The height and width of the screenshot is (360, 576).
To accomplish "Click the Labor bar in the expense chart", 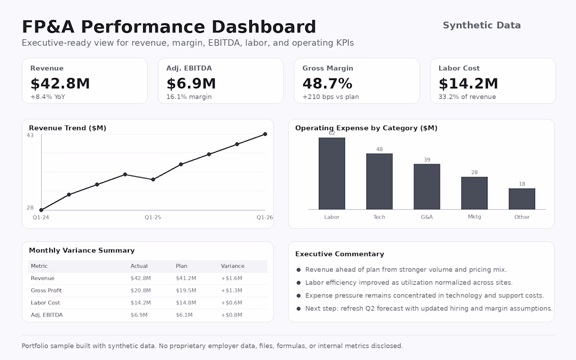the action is (x=331, y=173).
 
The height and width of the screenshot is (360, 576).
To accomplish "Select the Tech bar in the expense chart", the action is (x=379, y=181).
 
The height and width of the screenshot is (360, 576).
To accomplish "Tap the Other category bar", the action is (x=522, y=199).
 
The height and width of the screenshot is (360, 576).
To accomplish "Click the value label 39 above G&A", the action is (x=427, y=160).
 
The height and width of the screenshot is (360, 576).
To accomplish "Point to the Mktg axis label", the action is (x=474, y=217).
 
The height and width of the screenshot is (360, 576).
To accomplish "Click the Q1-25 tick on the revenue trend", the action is (x=152, y=217).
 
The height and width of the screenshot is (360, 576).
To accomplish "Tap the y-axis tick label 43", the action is (x=30, y=136).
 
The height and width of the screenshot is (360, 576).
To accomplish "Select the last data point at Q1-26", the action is (x=265, y=134).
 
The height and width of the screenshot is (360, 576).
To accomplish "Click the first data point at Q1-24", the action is (x=41, y=210).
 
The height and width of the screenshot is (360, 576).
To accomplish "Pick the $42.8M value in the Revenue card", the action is (x=60, y=84).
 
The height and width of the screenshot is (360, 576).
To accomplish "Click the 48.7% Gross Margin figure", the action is (x=327, y=84).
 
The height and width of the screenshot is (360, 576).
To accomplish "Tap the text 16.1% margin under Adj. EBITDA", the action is (x=189, y=97).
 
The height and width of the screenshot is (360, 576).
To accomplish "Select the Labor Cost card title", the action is (x=459, y=68).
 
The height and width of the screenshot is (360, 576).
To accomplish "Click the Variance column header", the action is (x=232, y=266).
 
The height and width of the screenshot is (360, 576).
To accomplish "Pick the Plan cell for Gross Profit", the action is (x=186, y=290).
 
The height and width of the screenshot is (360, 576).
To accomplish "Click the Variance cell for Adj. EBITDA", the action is (x=231, y=315).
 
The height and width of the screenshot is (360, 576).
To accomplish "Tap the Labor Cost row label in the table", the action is (x=45, y=303).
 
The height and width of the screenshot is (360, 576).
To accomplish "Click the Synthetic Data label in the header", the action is (x=482, y=25).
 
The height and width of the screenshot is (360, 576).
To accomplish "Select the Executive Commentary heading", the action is (x=339, y=254).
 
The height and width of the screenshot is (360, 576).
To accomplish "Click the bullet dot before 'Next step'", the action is (x=298, y=309).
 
